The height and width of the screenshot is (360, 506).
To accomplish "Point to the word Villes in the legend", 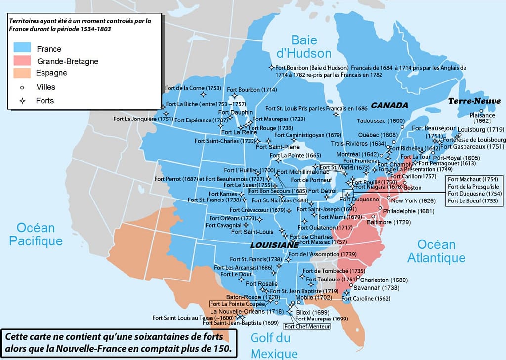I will pos(45,87).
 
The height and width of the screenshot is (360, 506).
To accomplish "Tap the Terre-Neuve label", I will pos(474,101).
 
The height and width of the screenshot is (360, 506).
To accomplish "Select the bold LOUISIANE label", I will pos(274,245).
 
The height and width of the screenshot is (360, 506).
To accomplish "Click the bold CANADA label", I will pos(389,105).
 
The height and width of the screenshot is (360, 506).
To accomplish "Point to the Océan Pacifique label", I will pos(39,234).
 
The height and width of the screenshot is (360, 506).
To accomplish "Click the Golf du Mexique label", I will pos(274,345).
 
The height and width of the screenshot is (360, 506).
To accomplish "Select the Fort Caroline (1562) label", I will pos(366,298).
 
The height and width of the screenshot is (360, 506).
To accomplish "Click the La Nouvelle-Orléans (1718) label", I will pos(247,312).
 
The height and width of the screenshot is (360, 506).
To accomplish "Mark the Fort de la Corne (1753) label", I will pos(193,88).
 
